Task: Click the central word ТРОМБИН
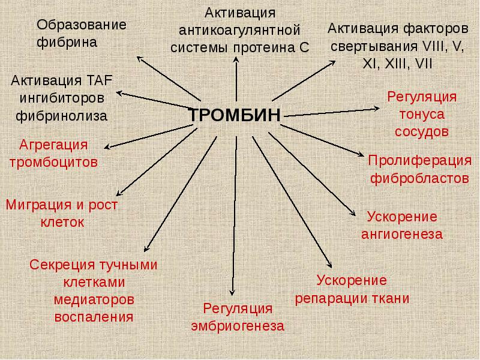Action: pos(235,115)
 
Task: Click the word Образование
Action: pos(82,25)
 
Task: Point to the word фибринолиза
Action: pos(62,116)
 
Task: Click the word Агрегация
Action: pos(53,145)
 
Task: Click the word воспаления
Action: pos(94,317)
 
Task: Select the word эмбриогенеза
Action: pos(238,326)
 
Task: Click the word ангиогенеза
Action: pos(402,235)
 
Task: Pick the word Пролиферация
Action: pos(419,160)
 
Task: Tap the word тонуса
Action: pos(422,115)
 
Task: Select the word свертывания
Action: pos(374,47)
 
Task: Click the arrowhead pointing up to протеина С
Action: pos(236,59)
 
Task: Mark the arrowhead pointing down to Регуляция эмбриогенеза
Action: pos(232,292)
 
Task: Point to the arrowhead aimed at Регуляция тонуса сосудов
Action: pos(377,109)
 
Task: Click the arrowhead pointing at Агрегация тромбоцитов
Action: pos(107,147)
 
